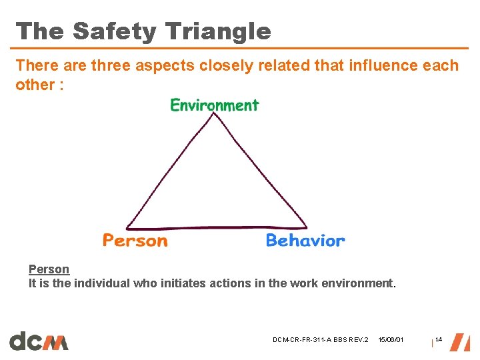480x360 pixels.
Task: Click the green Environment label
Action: coord(215,105)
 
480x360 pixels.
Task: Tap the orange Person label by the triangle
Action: coord(135,241)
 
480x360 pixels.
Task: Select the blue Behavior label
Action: coord(305,241)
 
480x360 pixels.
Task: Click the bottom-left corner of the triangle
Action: coord(127,227)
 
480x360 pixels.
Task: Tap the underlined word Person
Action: coord(49,269)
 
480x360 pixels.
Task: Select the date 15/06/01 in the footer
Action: coord(391,341)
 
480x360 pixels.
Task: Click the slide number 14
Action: coord(439,340)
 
